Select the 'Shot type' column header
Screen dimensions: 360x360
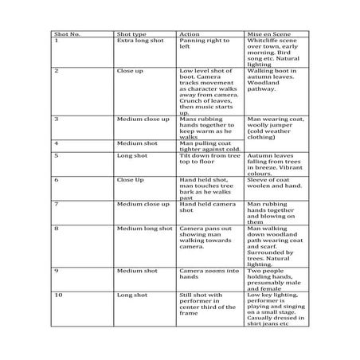[131, 34]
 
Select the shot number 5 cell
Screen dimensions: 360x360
[57, 155]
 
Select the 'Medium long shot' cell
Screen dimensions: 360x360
[143, 228]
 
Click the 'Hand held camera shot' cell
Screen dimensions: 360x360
[203, 207]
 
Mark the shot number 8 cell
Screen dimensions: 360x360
[57, 228]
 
